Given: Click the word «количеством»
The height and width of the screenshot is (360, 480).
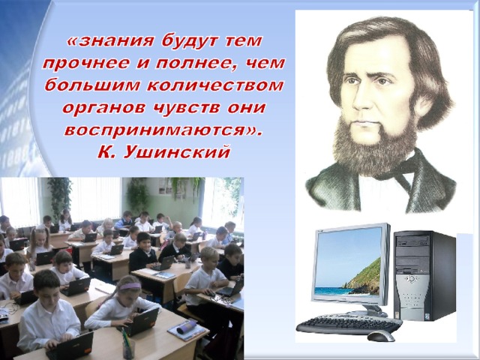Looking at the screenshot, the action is coord(215,85).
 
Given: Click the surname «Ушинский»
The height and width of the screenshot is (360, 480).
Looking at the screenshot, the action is coord(177,151).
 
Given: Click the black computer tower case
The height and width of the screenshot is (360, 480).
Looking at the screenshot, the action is coord(425,275).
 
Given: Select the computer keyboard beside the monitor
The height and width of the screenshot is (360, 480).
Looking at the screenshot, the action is coord(349,325).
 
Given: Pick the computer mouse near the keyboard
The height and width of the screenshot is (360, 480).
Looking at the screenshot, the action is coord(381,337).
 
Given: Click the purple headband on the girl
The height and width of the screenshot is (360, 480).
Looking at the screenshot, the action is coord(130,286).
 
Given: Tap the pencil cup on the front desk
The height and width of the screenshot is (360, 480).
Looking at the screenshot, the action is coord(128,349).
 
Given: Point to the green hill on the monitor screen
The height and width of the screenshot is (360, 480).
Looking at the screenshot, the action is coord(365,277).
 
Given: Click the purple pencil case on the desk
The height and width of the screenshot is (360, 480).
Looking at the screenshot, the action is coord(187,328).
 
